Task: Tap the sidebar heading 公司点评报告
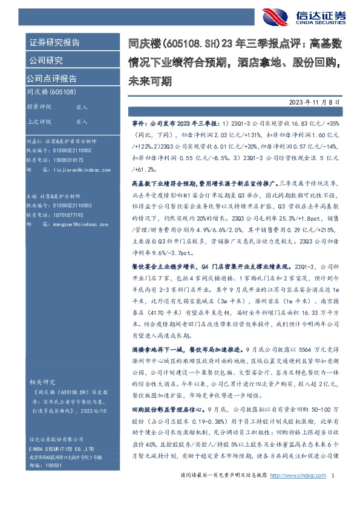tap(51, 78)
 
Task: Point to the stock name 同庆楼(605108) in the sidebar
tap(51, 92)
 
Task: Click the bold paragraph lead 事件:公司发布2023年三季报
tap(163, 122)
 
